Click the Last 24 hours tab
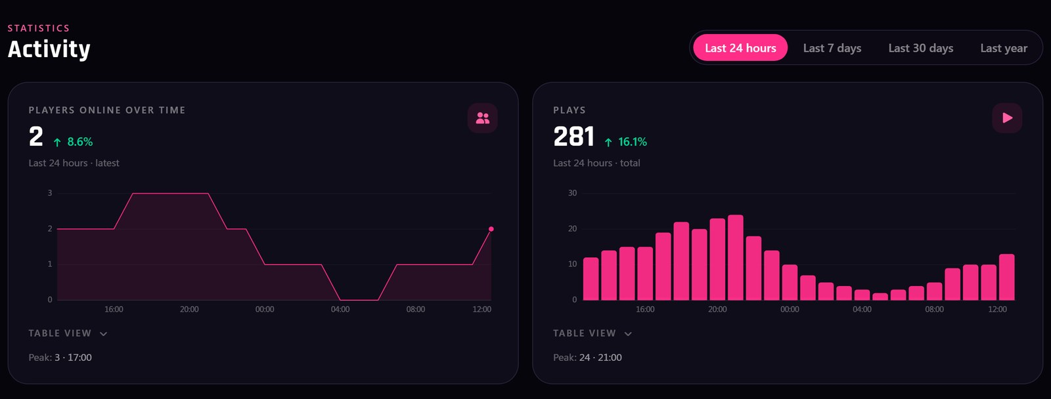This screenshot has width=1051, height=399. coord(740,48)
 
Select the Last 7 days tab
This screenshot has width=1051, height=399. coord(832,48)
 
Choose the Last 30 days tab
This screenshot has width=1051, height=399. coord(920,48)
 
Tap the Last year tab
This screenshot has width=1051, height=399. coord(1004,48)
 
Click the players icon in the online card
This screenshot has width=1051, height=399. coord(482,118)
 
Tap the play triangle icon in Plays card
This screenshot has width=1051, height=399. coord(1007,118)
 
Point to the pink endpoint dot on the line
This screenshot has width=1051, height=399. coord(491,229)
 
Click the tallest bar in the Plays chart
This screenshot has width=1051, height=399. coord(735,257)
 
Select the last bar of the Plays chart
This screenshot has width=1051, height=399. coord(1007,277)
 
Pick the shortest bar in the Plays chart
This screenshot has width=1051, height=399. coord(880,297)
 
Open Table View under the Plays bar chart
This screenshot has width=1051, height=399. coord(593,333)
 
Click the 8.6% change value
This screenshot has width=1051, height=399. coord(79,142)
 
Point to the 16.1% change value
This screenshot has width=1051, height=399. coord(632,142)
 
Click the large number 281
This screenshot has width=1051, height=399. coord(574,136)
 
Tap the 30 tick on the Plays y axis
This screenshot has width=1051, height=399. coord(572,193)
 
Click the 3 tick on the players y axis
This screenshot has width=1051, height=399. coord(50,193)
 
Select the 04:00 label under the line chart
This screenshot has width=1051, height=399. coord(340,310)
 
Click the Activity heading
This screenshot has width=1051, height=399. coord(49,49)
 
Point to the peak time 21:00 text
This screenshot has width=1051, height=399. coord(610,357)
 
